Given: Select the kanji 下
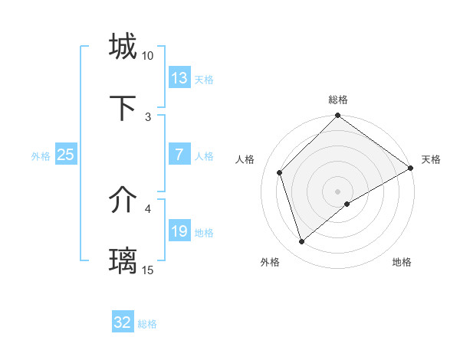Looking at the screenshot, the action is (123, 108).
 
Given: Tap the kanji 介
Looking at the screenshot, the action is (123, 201).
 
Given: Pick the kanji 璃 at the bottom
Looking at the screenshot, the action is (123, 261).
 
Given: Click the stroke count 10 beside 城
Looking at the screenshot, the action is (148, 56).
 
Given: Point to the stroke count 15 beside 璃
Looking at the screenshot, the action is (148, 270).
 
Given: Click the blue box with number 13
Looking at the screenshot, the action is (179, 78).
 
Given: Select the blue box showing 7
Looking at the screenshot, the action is (179, 155).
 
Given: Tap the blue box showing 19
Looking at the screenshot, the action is (179, 231).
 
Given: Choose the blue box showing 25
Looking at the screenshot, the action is (66, 155).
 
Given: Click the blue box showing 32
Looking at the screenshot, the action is (123, 322).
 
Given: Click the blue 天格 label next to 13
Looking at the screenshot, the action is (204, 79).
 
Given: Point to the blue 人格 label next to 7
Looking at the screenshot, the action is (204, 155).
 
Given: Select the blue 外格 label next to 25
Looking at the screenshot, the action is (41, 155).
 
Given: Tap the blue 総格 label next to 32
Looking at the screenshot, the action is (147, 324).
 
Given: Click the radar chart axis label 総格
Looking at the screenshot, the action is (338, 100).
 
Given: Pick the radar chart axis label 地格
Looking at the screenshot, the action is (402, 263).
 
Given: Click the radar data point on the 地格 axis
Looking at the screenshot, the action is (347, 204).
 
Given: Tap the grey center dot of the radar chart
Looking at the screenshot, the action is (338, 191).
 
